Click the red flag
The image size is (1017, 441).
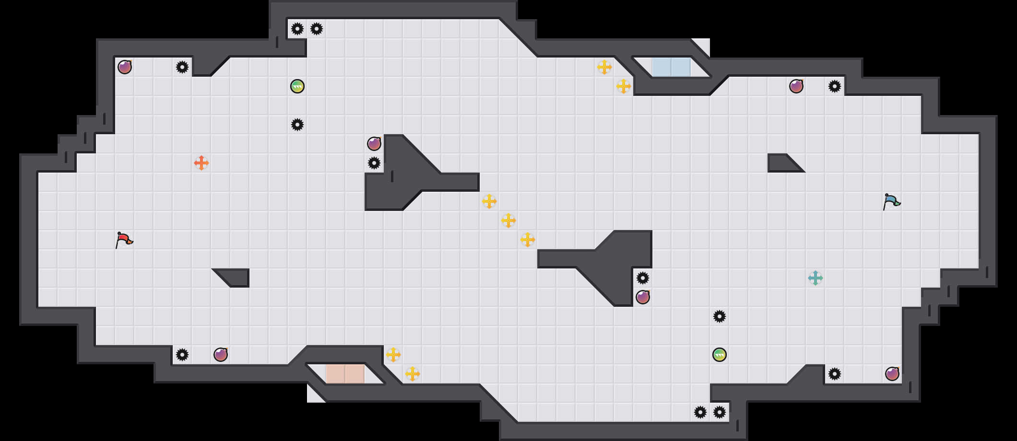click(x=124, y=240)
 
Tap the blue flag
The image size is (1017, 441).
click(x=891, y=201)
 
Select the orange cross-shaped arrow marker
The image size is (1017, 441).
click(x=201, y=163)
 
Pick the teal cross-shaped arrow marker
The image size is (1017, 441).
click(x=816, y=278)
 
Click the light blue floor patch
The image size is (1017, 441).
click(x=671, y=67)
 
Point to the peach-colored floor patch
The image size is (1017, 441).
click(x=345, y=374)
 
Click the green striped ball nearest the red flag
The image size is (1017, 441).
click(x=297, y=86)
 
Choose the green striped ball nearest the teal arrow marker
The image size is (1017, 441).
click(x=720, y=355)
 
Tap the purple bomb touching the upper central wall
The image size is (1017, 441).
click(x=374, y=143)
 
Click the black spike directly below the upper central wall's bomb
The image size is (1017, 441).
click(x=374, y=163)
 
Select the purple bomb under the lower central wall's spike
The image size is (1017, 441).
click(x=643, y=297)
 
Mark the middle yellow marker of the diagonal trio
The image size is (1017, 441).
click(x=508, y=220)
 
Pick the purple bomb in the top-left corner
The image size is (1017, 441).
click(x=125, y=67)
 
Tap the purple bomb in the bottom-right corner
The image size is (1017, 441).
click(x=892, y=374)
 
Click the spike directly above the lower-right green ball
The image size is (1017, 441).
click(x=720, y=316)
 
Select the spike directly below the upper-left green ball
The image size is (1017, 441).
click(x=297, y=125)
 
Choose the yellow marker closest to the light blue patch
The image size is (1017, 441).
click(x=624, y=86)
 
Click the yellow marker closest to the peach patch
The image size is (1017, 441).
click(x=393, y=355)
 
